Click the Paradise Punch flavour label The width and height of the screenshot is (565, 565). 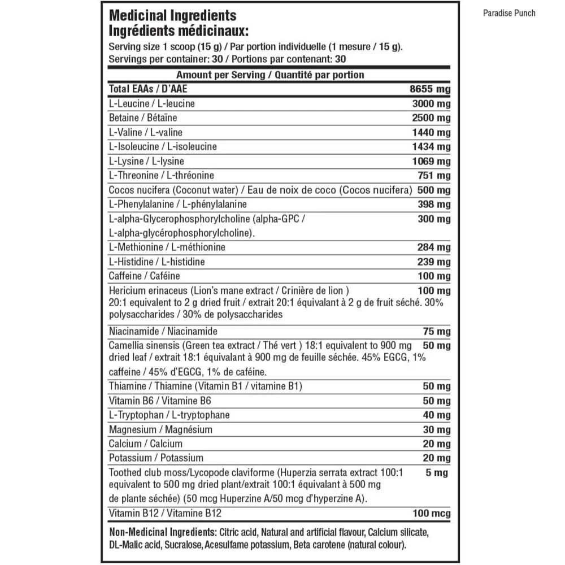(x=509, y=13)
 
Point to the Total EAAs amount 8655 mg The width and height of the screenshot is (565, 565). (x=430, y=89)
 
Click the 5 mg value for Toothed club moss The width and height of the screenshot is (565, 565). (x=437, y=473)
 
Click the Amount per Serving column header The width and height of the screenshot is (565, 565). (x=270, y=75)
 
